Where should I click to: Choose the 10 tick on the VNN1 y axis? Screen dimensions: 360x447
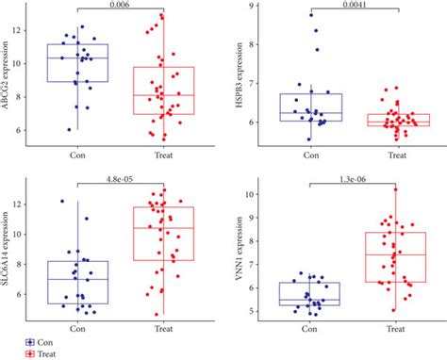point(249,194)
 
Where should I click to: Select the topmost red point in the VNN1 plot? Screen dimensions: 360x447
point(395,189)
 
